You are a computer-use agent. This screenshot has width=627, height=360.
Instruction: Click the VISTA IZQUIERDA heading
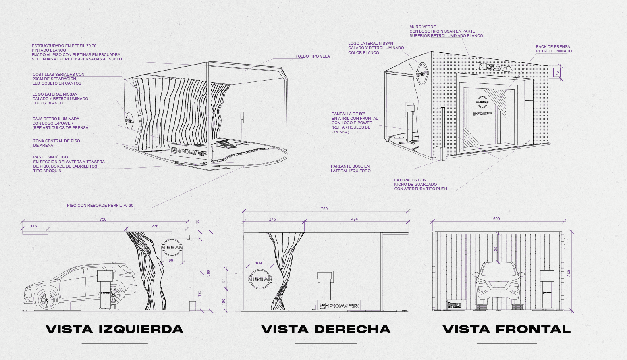click(114, 329)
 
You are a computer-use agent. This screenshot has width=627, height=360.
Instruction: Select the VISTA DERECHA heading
click(326, 329)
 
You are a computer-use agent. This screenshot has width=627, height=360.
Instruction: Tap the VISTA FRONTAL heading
click(507, 329)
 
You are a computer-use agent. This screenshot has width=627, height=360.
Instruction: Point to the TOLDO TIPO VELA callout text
click(312, 56)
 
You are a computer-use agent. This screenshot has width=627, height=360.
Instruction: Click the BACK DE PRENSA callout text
click(554, 49)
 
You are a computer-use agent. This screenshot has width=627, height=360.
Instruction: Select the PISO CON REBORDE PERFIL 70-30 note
click(100, 206)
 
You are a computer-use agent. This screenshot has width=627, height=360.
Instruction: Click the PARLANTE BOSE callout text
click(350, 169)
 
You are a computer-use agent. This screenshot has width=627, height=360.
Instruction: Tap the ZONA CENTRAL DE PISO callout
click(56, 143)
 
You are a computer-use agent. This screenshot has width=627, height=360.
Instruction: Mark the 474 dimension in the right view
click(354, 219)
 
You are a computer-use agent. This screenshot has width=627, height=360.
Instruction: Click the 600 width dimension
click(496, 219)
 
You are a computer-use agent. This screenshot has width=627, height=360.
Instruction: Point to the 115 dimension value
click(33, 226)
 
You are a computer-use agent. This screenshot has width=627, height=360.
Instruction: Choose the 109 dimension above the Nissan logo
click(258, 263)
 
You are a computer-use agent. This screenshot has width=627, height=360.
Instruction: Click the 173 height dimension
click(199, 294)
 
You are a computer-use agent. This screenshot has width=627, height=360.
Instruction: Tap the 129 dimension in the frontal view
click(496, 250)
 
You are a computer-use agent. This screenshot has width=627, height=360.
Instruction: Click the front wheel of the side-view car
click(47, 300)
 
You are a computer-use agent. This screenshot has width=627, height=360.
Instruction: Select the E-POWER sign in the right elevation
click(338, 306)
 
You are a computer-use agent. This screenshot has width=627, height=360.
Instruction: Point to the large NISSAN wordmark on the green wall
click(494, 67)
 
